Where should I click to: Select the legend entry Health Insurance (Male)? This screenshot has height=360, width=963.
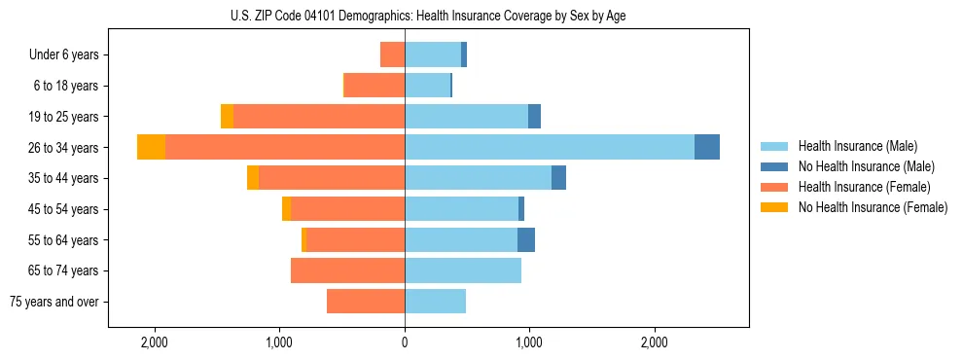coord(851,146)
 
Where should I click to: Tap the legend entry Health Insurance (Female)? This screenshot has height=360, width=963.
coord(857,187)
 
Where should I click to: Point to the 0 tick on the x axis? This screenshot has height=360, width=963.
coord(405,342)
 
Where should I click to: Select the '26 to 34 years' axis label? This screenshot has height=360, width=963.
coord(62,147)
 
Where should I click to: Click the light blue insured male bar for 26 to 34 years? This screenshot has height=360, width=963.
coord(550,147)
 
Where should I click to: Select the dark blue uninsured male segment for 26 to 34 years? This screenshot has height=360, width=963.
coord(707,147)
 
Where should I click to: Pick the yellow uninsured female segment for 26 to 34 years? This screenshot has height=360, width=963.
coord(151,147)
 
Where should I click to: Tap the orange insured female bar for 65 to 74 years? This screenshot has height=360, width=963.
coord(347,270)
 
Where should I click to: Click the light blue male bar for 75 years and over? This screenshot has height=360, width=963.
coord(435,302)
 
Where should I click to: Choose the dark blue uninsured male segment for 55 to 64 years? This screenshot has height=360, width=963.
coord(526,239)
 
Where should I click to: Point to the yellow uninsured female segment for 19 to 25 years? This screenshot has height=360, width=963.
coord(227,116)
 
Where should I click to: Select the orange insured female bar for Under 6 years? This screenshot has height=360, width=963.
coord(392,54)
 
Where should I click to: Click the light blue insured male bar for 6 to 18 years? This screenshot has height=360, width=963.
coord(427,86)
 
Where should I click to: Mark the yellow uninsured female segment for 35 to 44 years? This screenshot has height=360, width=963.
coord(253,178)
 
